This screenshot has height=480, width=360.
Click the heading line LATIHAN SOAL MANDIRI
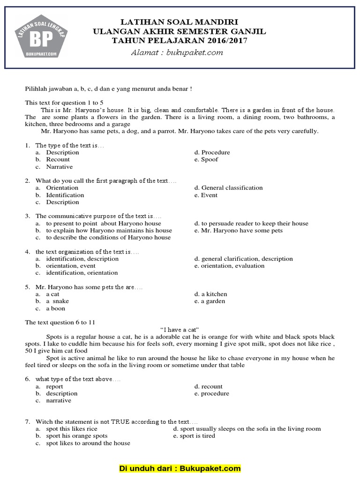(x=180, y=22)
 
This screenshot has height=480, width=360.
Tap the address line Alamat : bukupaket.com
(x=177, y=52)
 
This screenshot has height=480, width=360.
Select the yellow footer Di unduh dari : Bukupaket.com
(x=180, y=468)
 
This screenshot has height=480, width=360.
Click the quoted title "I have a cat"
(x=180, y=330)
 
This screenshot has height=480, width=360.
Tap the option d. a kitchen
(x=210, y=294)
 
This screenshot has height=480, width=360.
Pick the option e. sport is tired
(x=194, y=435)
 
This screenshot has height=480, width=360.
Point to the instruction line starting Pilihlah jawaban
(x=108, y=89)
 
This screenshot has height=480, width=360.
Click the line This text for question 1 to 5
(x=64, y=102)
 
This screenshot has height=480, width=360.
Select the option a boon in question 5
(x=55, y=308)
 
